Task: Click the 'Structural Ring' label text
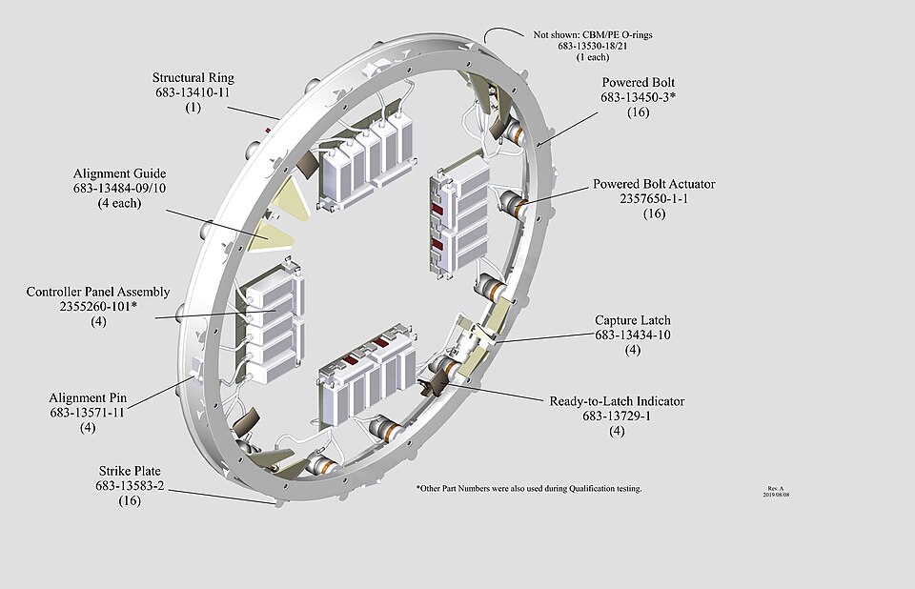click(193, 77)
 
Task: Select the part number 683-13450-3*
click(638, 97)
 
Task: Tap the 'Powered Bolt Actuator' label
click(654, 184)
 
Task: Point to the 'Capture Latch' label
click(633, 320)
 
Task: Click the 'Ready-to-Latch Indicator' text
click(617, 401)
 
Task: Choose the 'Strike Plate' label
click(130, 471)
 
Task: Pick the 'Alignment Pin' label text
click(88, 397)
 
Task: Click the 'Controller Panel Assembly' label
click(98, 292)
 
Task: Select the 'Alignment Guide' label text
click(120, 173)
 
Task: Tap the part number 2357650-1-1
click(654, 198)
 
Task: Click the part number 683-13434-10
click(633, 335)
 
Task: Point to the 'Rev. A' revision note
click(776, 489)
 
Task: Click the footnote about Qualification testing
click(529, 488)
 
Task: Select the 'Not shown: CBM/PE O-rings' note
click(592, 34)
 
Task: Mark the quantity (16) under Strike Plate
click(130, 500)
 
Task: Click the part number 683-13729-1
click(617, 416)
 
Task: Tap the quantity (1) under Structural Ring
click(193, 108)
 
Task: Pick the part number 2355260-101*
click(98, 306)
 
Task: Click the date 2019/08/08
click(776, 495)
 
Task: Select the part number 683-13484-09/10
click(120, 188)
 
